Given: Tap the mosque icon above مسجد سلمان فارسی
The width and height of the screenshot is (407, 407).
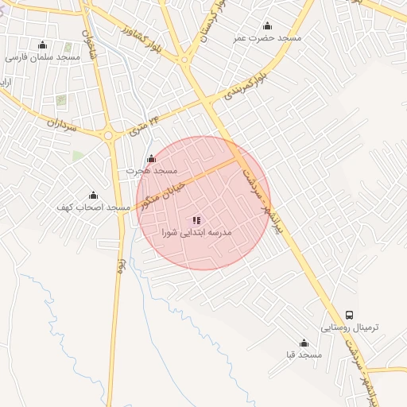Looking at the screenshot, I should tap(43, 45).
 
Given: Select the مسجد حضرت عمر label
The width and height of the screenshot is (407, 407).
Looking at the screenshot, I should tap(267, 38).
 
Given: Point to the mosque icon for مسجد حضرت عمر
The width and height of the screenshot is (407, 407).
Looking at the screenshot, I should tap(267, 25).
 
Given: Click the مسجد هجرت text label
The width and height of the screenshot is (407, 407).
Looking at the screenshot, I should tap(152, 171).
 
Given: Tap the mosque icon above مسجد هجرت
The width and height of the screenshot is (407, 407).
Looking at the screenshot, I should tap(152, 158).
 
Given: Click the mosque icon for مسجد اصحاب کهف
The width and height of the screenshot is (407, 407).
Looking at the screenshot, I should tap(93, 195).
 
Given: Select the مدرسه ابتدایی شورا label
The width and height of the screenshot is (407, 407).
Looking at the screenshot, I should tap(196, 233).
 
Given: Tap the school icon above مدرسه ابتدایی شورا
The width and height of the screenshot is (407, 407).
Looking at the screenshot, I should tap(196, 219).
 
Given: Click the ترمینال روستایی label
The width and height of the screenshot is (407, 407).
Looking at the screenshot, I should tap(351, 328).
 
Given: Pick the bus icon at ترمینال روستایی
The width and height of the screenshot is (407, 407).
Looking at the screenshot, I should tap(351, 315).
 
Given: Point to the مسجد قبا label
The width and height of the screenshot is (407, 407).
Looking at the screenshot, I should tap(304, 355).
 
